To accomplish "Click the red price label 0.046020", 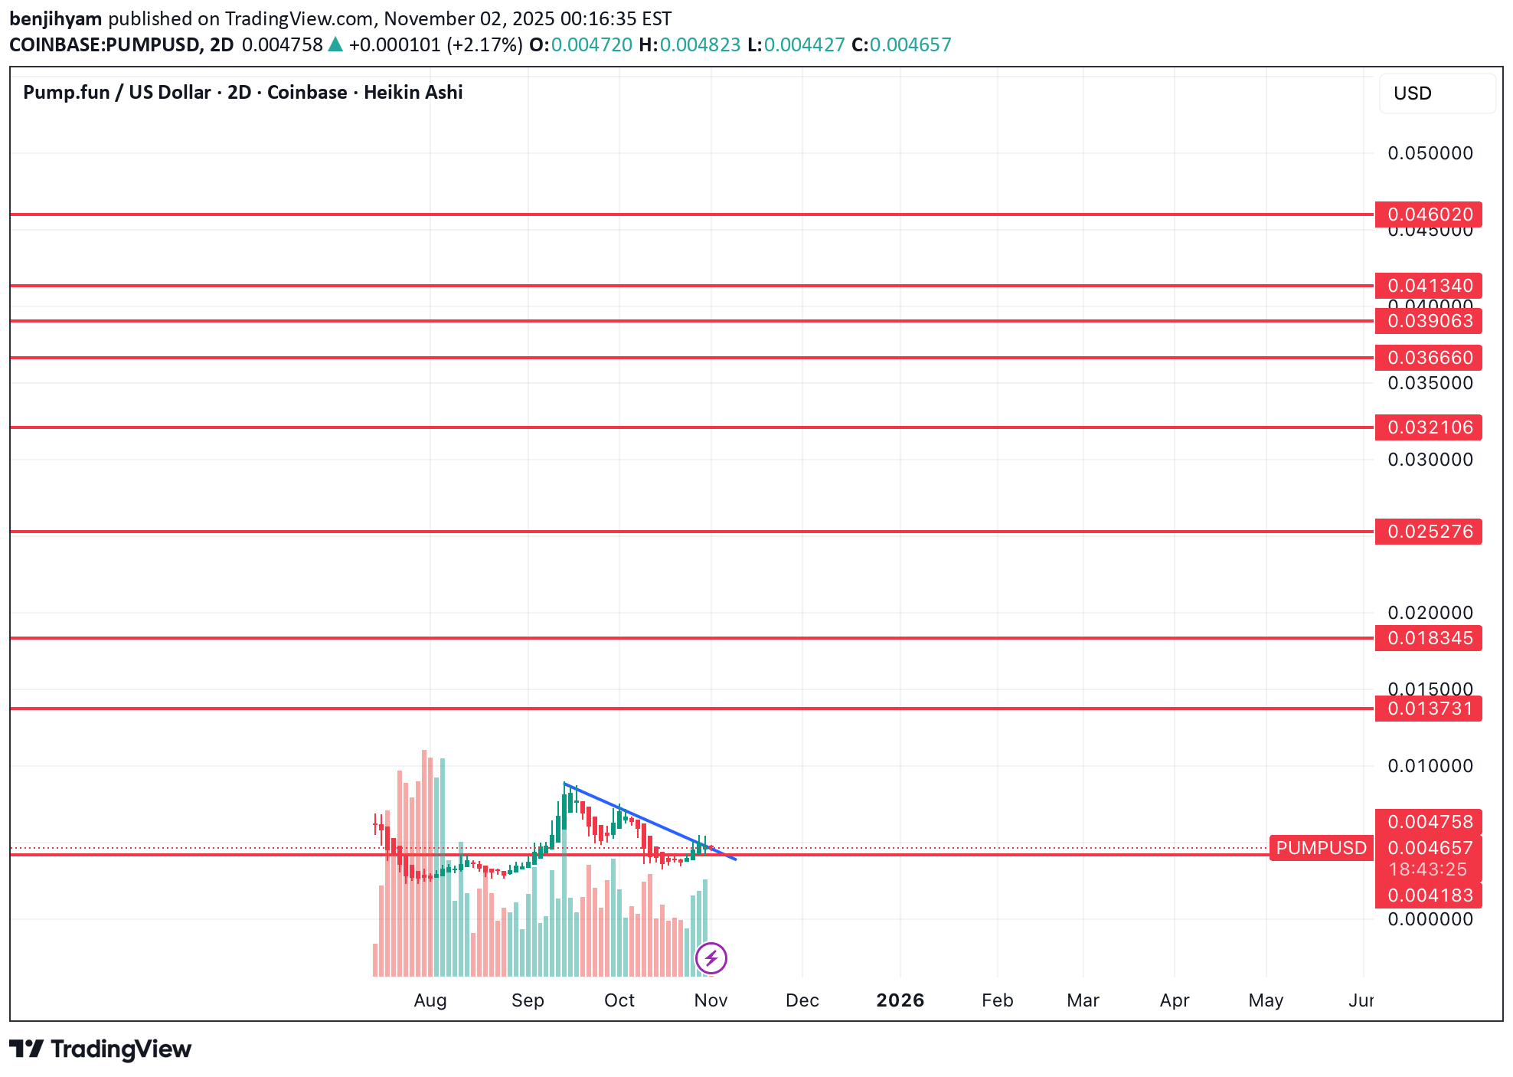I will (x=1428, y=214).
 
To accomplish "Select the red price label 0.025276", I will (x=1428, y=532).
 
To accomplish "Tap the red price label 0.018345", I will (x=1428, y=638).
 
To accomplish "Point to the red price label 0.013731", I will (x=1428, y=709).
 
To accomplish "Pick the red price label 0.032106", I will (x=1428, y=427).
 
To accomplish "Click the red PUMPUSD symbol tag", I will (x=1321, y=848).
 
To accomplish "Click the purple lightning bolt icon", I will (x=711, y=958).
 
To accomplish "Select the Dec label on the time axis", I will (x=802, y=1000).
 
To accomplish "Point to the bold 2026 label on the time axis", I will (x=900, y=1000).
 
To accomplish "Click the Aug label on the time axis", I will (x=430, y=1000).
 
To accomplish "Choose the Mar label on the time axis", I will (x=1083, y=1000).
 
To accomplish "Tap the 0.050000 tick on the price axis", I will (x=1430, y=153).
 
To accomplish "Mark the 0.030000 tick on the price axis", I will (x=1430, y=460).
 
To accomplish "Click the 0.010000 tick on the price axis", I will (x=1430, y=766).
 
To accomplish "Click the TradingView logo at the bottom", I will (x=100, y=1049).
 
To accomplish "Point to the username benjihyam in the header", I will (x=55, y=18).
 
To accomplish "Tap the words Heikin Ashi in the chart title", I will (x=413, y=93).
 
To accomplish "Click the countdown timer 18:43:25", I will (x=1428, y=869).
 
